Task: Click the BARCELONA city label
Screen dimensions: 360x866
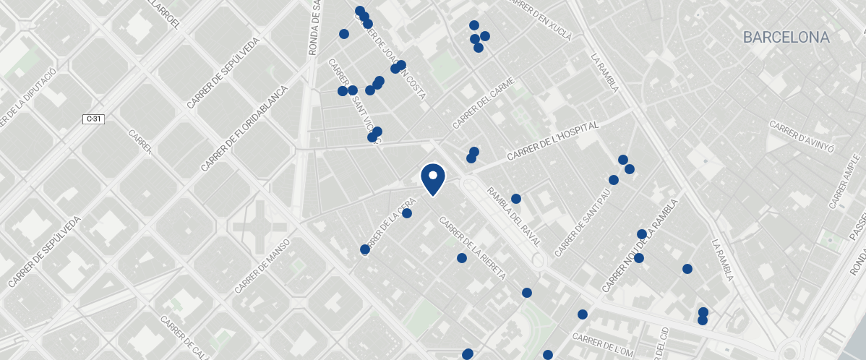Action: pyautogui.click(x=786, y=38)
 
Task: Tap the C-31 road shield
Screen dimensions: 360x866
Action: pyautogui.click(x=93, y=119)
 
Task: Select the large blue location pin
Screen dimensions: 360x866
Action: pyautogui.click(x=432, y=179)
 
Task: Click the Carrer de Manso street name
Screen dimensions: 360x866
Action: pyautogui.click(x=262, y=266)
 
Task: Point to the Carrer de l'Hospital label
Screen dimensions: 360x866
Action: pyautogui.click(x=553, y=142)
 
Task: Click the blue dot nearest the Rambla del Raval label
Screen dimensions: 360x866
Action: pyautogui.click(x=516, y=199)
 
